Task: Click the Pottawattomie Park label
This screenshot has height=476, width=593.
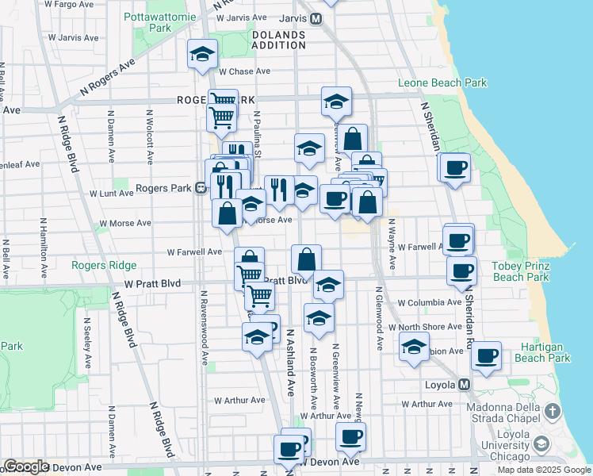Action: [159, 21]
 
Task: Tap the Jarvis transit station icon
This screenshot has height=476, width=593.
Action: [316, 18]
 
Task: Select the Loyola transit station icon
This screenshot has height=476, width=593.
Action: [465, 385]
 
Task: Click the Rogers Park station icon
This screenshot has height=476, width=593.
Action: [201, 188]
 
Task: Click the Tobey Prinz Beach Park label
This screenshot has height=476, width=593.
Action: [520, 271]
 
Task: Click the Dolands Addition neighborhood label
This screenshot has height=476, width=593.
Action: [279, 41]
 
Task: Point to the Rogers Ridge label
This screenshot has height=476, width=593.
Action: [104, 265]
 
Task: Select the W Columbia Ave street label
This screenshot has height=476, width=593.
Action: [429, 302]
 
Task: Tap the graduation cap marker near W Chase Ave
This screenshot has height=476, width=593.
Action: [202, 55]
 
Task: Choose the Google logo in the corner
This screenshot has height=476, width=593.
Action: [26, 466]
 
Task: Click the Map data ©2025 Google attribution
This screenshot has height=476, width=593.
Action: [543, 470]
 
